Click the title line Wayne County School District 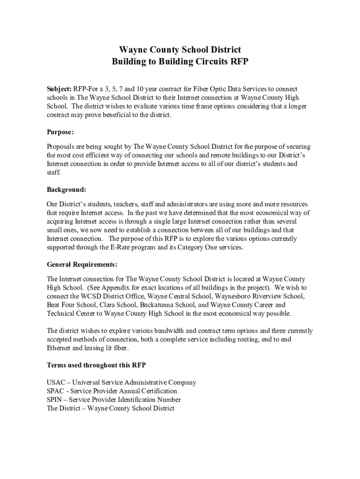[180, 50]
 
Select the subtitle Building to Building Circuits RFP [180, 62]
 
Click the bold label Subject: [58, 89]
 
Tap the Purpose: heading [60, 132]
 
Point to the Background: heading [66, 189]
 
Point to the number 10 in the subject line [130, 89]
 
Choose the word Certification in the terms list [158, 391]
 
